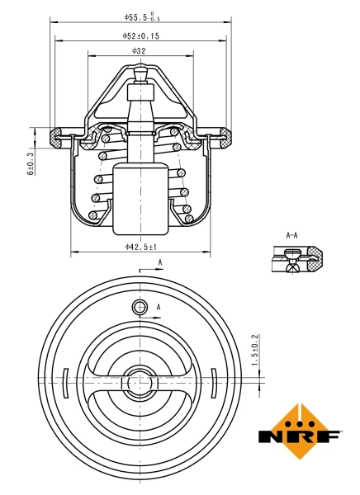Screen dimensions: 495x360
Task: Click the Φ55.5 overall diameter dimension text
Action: click(142, 16)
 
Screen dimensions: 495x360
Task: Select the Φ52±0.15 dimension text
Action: click(141, 36)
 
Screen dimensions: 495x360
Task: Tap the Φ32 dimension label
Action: click(139, 51)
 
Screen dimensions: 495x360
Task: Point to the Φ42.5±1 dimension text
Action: click(141, 246)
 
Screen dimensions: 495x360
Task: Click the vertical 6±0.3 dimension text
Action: click(31, 163)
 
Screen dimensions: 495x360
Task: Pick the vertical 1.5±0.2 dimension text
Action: click(254, 351)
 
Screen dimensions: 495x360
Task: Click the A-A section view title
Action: click(291, 236)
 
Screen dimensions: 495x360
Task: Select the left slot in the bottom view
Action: click(64, 383)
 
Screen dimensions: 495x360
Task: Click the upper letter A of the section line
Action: click(159, 262)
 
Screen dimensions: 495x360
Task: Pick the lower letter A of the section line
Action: click(159, 308)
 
